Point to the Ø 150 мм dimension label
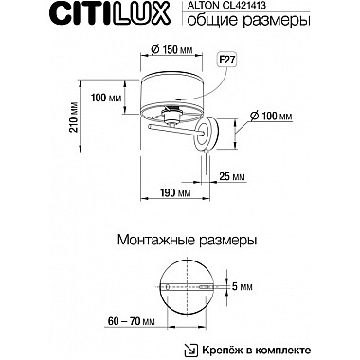(170, 52)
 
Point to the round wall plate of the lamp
(207, 133)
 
